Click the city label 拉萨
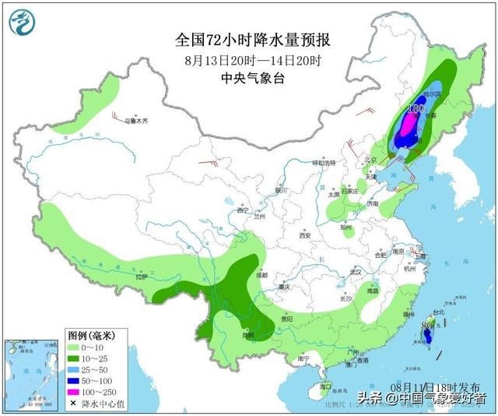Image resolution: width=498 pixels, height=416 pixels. pyautogui.click(x=141, y=276)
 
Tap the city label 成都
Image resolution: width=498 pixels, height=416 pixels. pyautogui.click(x=260, y=274)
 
